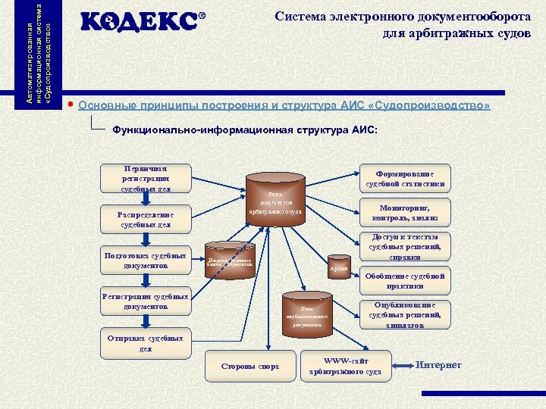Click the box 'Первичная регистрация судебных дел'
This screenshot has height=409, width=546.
point(146,178)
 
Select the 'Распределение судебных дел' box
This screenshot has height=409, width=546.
point(146,220)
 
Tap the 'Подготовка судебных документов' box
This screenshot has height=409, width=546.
point(146,261)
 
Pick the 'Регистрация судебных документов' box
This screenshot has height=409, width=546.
point(146,301)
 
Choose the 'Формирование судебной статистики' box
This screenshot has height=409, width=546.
point(405,178)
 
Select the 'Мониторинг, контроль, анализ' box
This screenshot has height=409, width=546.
point(405,213)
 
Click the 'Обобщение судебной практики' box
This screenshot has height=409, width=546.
point(405,281)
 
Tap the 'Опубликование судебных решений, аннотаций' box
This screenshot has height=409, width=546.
point(405,314)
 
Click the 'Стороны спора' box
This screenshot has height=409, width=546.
point(250,367)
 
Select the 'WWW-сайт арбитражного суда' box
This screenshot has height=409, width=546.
point(346,367)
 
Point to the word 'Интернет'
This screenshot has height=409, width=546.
point(438,365)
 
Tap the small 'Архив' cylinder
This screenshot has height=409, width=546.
point(339,266)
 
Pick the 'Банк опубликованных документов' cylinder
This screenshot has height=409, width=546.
point(306,314)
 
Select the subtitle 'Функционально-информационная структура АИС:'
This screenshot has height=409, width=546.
point(244,130)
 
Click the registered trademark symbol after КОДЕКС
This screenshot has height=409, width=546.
point(202,16)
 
